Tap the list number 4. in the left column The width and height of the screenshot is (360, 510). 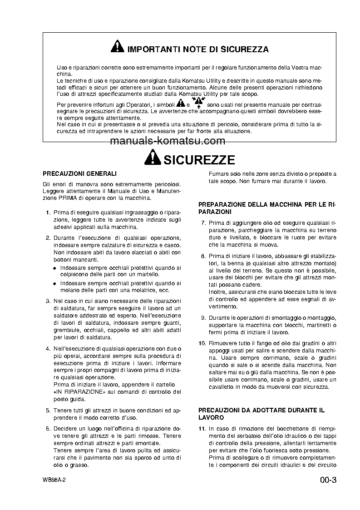coord(48,348)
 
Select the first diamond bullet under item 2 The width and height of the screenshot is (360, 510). coord(54,268)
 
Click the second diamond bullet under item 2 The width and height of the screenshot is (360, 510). coord(54,282)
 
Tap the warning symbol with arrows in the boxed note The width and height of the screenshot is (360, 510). coord(197,102)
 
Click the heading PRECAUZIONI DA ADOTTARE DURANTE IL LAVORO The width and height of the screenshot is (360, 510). coord(261,413)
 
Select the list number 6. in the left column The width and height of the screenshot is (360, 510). coord(48,429)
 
